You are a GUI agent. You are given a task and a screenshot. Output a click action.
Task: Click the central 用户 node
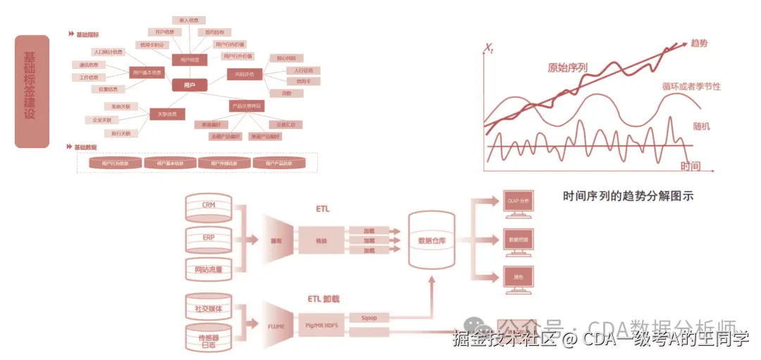tap(190, 85)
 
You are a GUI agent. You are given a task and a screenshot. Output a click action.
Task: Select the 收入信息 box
tap(188, 21)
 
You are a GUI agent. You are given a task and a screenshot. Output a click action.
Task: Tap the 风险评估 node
tap(245, 74)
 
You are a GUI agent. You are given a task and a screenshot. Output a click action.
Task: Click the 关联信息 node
tap(167, 114)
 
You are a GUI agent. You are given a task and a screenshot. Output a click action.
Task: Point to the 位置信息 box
tap(108, 89)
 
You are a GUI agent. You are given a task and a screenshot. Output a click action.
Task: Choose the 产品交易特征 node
tap(246, 106)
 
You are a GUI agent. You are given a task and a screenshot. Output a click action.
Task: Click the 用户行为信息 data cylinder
tap(116, 163)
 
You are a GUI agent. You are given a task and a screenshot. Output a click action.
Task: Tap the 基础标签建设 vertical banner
tap(32, 92)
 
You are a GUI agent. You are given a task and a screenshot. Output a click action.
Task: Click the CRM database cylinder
tap(209, 206)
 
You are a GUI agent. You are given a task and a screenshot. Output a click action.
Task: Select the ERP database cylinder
tap(209, 237)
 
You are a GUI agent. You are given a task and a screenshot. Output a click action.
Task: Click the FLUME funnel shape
tap(276, 327)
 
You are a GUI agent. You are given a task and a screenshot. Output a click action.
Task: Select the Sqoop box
tap(369, 318)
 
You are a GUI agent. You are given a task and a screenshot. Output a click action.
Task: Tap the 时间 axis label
tap(691, 166)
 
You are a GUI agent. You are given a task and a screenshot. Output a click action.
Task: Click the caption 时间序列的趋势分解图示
tap(628, 197)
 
